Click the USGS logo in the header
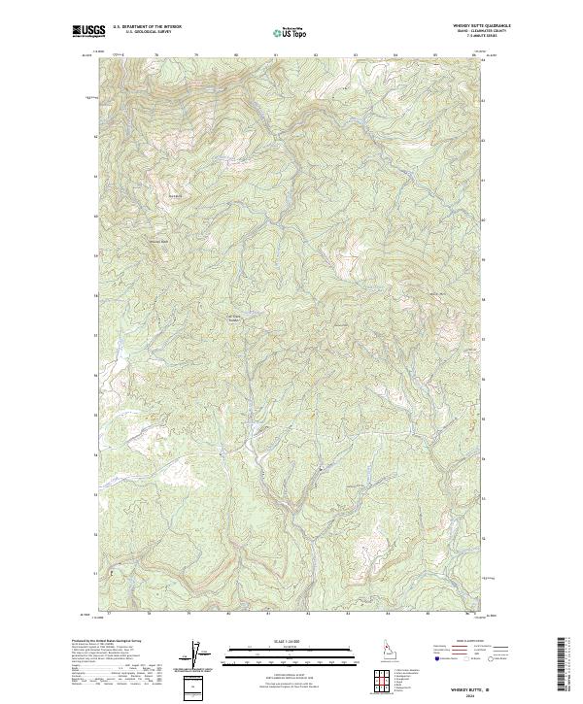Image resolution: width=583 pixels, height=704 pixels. pos(89,31)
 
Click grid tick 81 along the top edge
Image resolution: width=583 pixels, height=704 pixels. pos(276,54)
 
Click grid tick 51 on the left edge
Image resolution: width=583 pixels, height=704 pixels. pos(94,574)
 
